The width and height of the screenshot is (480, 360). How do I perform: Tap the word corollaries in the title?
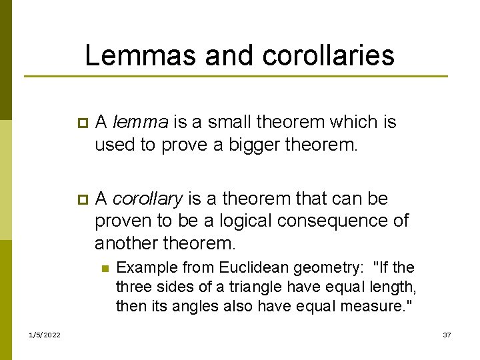click(x=329, y=55)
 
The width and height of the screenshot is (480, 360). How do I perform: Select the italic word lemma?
click(x=141, y=122)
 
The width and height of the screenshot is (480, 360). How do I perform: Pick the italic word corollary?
click(x=147, y=199)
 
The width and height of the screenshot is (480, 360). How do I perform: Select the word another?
click(x=128, y=243)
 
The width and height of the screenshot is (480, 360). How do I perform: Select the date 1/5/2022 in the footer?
click(x=45, y=334)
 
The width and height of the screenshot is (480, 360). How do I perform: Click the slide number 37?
click(x=447, y=334)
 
